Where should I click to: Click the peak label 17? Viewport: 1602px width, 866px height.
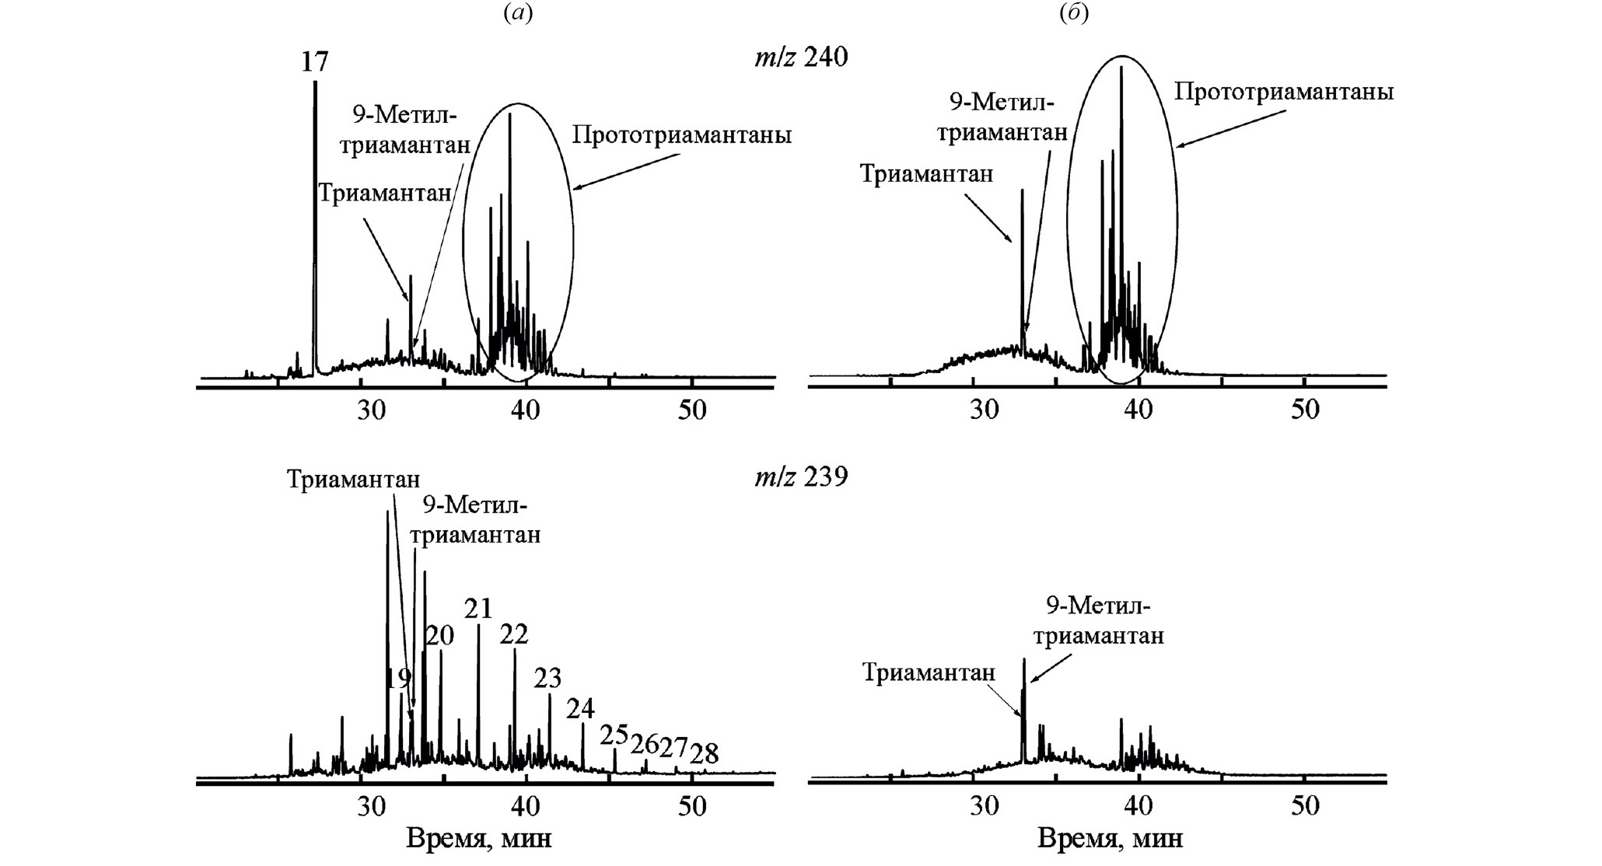315,61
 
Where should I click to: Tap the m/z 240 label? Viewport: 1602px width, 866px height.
800,57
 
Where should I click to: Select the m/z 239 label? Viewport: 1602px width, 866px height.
800,476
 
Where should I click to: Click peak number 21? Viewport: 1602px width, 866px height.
478,609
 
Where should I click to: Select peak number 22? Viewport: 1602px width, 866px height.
514,634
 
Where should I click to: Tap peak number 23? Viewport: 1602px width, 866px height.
547,678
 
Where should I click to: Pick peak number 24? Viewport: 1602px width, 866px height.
580,708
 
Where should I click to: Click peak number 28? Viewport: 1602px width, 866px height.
705,753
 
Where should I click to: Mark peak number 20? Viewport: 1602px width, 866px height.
439,636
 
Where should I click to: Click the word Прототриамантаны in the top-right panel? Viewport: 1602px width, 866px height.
1283,93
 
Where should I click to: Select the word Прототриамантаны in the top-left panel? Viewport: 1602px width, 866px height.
681,135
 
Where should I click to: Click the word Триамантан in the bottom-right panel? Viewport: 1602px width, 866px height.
928,672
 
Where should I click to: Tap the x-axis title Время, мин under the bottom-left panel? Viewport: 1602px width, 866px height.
478,839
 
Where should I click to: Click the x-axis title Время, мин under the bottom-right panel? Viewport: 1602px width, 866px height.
1110,839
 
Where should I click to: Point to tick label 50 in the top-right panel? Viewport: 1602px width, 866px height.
1305,410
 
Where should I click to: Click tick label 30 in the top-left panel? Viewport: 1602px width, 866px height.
372,410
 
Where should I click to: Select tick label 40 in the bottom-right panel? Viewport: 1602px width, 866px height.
1139,805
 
